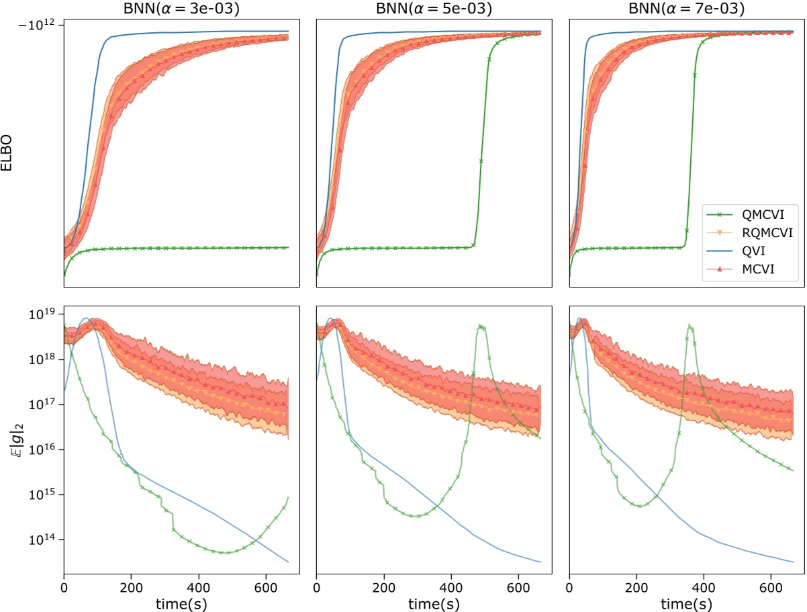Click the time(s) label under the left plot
click(x=181, y=602)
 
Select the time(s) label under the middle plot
click(x=434, y=602)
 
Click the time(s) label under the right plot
click(x=687, y=602)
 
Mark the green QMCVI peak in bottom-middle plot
click(x=481, y=326)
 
